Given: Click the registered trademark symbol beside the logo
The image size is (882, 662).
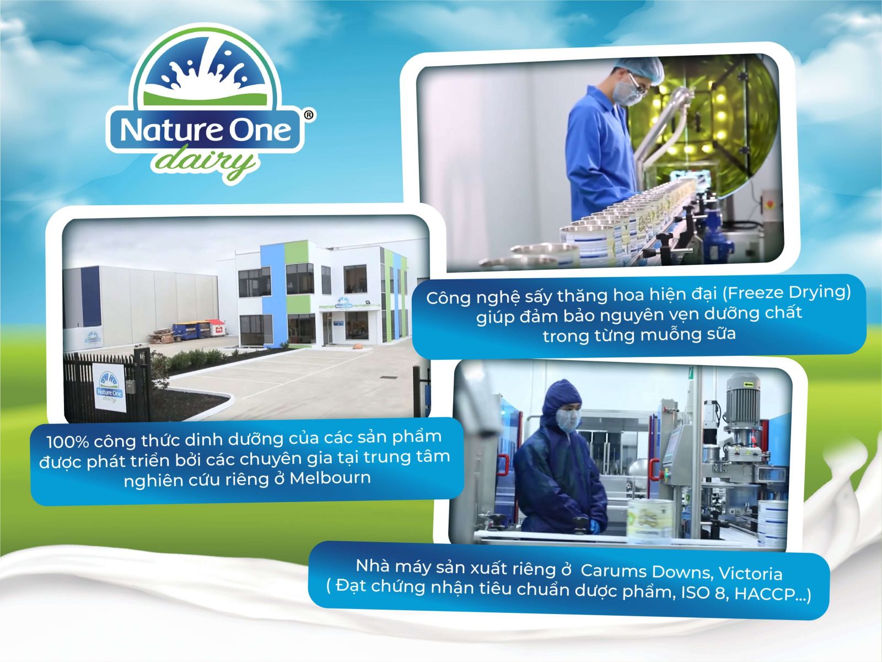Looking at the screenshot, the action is [x=308, y=115].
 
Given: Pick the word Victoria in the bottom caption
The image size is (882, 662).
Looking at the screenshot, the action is [x=750, y=573].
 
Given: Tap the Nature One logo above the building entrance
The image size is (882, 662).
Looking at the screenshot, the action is [x=343, y=303].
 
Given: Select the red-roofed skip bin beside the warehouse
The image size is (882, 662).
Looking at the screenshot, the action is [x=215, y=327].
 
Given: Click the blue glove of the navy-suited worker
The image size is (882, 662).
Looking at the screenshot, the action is [x=595, y=527].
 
